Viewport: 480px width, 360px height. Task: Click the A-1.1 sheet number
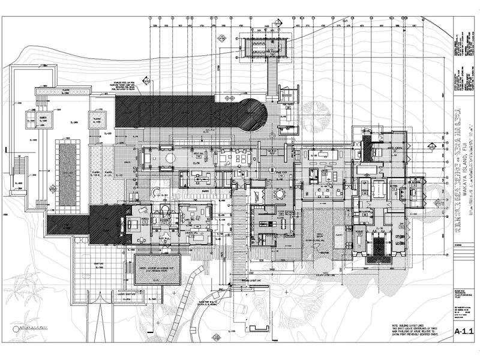click(464, 331)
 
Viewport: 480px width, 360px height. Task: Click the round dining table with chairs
click(280, 194)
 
